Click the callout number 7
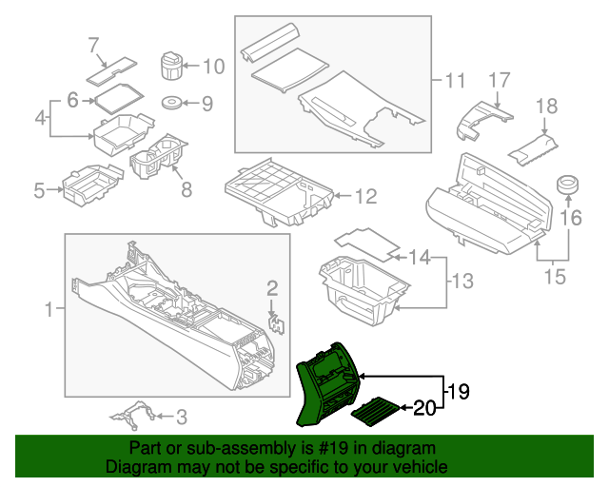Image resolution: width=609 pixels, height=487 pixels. tap(93, 44)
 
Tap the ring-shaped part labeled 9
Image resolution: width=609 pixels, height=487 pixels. tap(173, 103)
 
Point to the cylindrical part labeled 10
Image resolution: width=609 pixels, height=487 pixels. tap(170, 68)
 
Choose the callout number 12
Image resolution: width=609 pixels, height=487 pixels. tap(365, 197)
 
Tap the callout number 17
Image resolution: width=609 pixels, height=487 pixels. tap(501, 81)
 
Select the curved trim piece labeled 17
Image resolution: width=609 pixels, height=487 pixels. tap(481, 118)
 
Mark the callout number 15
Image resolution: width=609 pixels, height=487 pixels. tap(554, 278)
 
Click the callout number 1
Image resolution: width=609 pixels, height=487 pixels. tap(49, 309)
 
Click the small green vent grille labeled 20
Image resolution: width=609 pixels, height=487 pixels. tap(378, 410)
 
